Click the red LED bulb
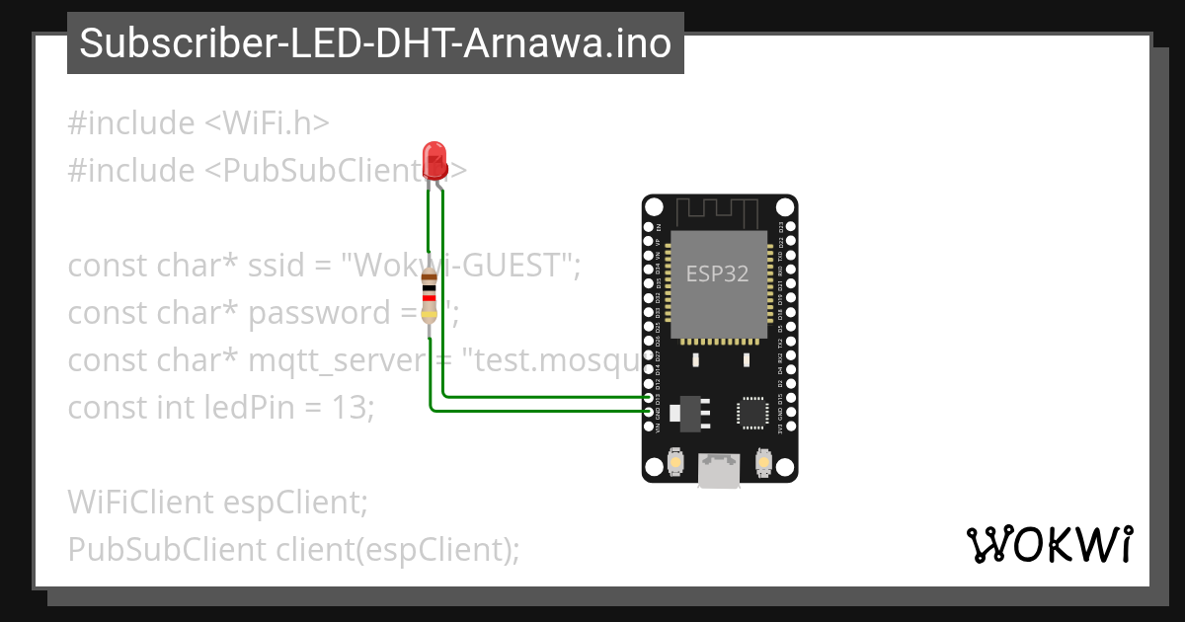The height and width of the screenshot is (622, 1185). (x=434, y=158)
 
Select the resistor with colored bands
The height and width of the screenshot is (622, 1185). (x=429, y=293)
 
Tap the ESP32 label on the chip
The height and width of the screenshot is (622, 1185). (x=718, y=274)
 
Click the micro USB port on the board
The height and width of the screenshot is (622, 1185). (x=718, y=470)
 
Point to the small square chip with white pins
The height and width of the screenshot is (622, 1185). (x=752, y=413)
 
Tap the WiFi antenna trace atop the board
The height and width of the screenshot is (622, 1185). (x=718, y=209)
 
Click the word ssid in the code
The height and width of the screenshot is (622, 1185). (x=277, y=266)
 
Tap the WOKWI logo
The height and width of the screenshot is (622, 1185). (x=1050, y=545)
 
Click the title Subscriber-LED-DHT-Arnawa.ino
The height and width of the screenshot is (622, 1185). (x=375, y=43)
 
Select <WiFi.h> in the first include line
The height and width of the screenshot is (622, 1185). (x=267, y=123)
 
